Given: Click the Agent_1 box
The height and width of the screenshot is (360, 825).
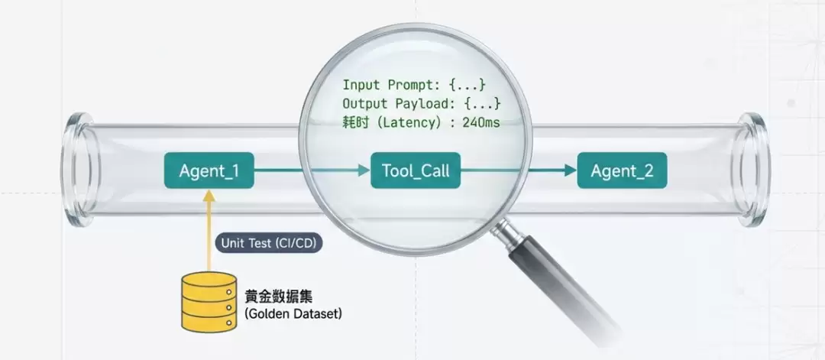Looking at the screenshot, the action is (209, 170).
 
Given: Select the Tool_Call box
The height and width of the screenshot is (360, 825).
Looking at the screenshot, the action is (416, 170).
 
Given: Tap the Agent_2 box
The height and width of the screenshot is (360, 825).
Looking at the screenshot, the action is (622, 170).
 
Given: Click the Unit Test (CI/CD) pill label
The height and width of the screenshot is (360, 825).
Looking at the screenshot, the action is (268, 243).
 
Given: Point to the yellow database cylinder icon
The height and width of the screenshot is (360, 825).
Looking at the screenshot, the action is (209, 302).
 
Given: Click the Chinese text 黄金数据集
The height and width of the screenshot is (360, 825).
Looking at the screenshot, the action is (278, 297).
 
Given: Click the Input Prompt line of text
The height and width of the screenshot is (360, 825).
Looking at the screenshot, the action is (413, 84).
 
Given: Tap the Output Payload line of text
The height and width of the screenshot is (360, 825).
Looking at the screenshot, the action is (421, 103).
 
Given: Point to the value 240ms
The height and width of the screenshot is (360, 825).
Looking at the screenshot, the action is (481, 123).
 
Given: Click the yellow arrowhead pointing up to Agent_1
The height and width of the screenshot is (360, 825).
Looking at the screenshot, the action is (209, 196).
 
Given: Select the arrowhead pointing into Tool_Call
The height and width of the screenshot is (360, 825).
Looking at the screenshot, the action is (364, 170).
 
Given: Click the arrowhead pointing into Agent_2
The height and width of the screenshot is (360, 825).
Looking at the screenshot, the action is (571, 170).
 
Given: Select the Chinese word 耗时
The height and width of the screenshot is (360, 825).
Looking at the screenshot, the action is (354, 123).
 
